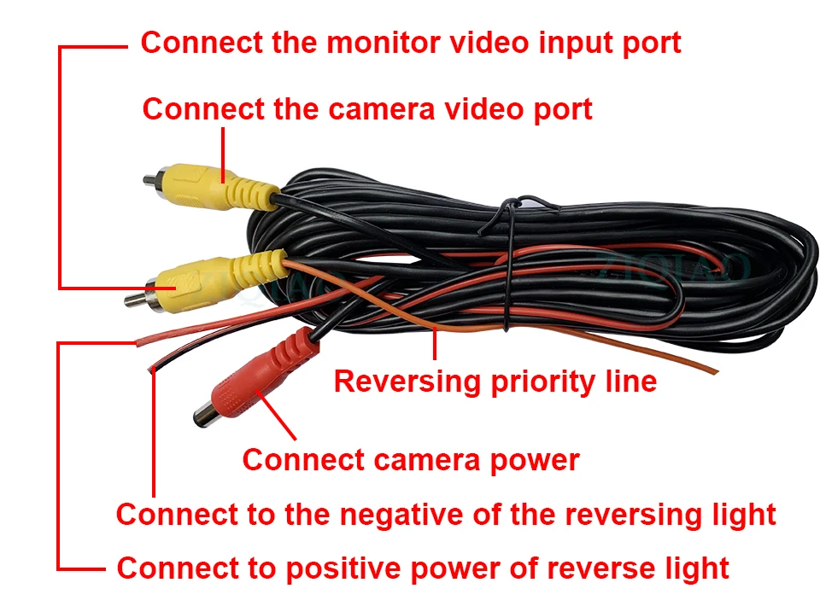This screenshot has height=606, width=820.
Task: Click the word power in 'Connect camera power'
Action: (536, 460)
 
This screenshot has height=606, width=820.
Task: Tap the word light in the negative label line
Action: (741, 515)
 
